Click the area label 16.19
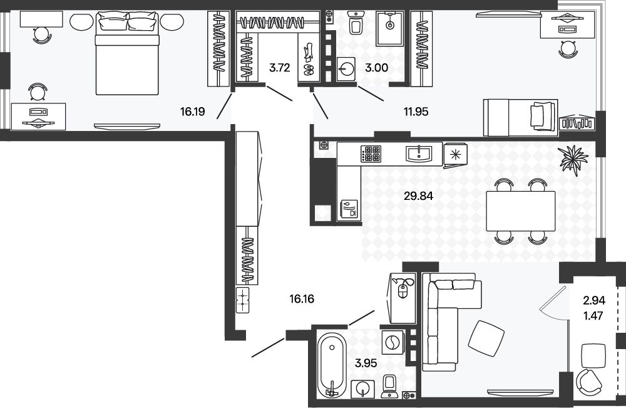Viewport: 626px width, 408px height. tap(192, 112)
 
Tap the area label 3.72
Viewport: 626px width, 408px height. tap(279, 68)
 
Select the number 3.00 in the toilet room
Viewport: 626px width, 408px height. tap(376, 68)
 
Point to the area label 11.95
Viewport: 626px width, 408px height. tap(416, 112)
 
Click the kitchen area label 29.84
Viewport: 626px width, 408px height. tap(418, 196)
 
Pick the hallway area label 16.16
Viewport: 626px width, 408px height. tap(302, 298)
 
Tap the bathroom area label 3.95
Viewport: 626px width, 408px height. tap(366, 364)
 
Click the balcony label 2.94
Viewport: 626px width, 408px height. tap(594, 300)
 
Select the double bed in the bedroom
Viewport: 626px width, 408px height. tap(128, 53)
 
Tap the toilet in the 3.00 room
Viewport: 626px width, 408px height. tap(355, 23)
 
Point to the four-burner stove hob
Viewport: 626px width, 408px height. tap(371, 154)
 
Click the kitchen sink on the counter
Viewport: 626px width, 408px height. tap(419, 154)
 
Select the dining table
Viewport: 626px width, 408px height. tap(521, 211)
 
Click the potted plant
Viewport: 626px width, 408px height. tap(573, 159)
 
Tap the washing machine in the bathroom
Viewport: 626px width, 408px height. tap(393, 342)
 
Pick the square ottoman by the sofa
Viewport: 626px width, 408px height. tap(486, 337)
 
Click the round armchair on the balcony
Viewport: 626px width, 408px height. tap(588, 382)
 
